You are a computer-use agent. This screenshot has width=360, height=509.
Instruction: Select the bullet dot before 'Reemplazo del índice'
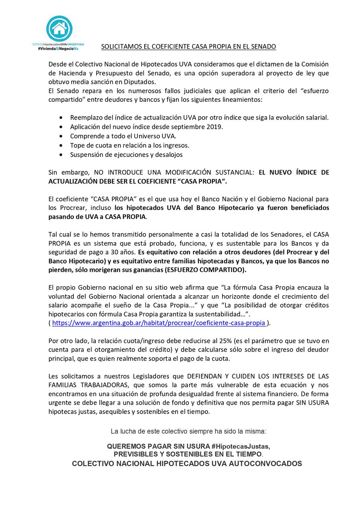click(x=63, y=117)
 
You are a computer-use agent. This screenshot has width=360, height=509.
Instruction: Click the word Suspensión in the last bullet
click(x=87, y=154)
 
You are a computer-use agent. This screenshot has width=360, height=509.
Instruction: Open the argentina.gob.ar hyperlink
click(x=159, y=323)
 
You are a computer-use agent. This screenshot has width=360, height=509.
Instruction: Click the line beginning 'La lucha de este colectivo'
click(x=188, y=431)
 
